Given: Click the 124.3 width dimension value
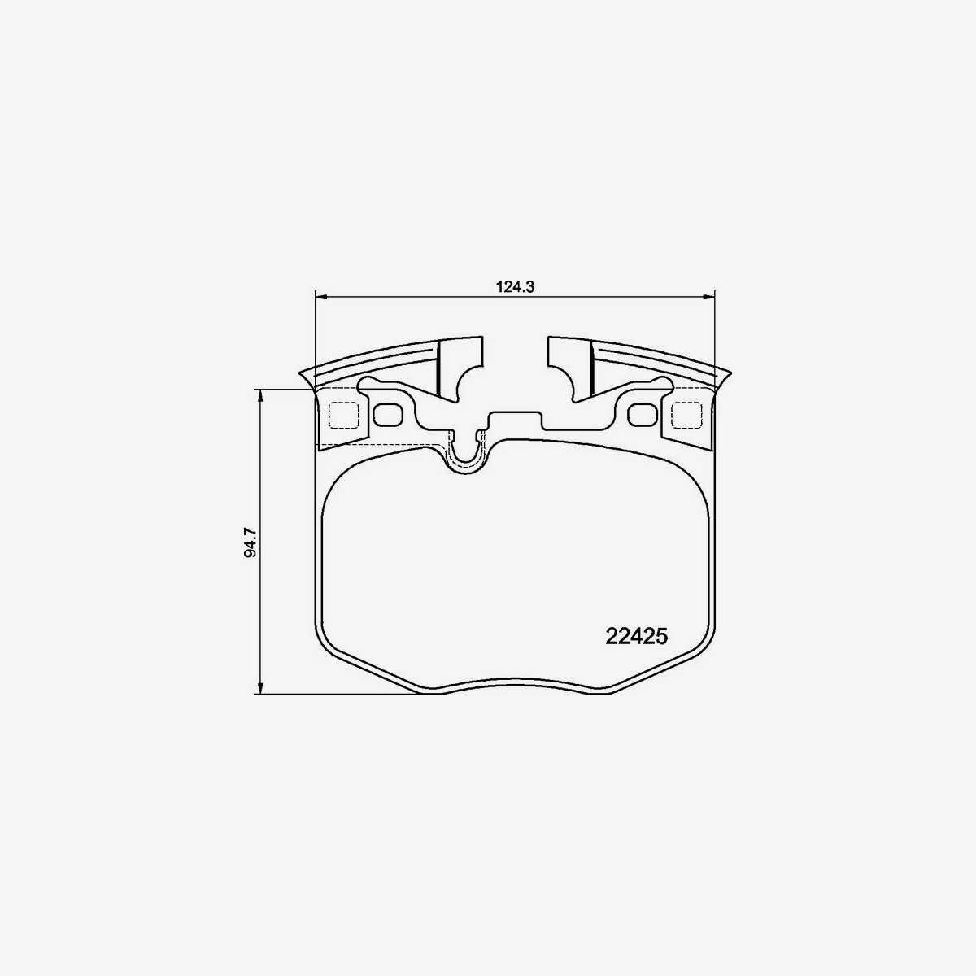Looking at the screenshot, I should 513,286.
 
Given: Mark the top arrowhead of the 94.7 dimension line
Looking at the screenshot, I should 259,396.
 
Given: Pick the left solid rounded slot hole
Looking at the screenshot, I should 387,415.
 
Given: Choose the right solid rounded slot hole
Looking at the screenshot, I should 643,415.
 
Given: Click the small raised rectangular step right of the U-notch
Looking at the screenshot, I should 514,421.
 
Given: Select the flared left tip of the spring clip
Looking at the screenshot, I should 308,378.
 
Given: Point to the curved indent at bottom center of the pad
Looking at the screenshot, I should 514,682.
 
